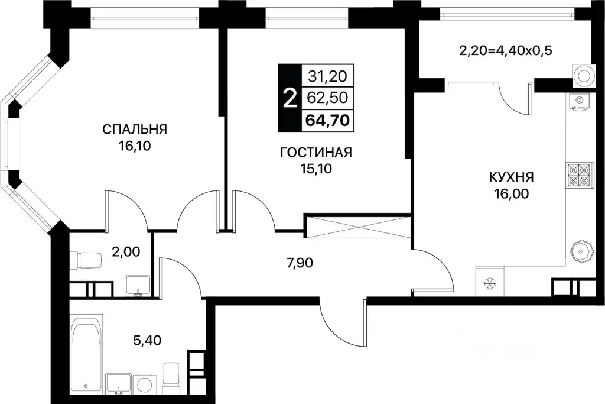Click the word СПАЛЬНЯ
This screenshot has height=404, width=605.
click(x=135, y=129)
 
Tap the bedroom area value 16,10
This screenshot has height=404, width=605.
click(x=135, y=146)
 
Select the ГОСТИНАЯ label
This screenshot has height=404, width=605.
click(x=316, y=153)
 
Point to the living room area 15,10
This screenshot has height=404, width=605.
click(x=316, y=169)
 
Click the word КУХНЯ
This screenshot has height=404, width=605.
click(x=512, y=177)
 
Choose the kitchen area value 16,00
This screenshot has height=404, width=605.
click(x=512, y=194)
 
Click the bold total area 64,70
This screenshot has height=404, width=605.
click(x=328, y=120)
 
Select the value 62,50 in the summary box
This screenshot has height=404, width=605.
click(x=328, y=98)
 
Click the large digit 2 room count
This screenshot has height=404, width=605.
click(x=290, y=98)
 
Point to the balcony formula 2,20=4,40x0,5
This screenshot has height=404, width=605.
click(x=506, y=51)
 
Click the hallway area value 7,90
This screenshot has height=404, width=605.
click(x=300, y=263)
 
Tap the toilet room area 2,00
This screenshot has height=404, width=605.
click(x=126, y=252)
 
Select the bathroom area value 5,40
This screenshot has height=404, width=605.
click(x=147, y=341)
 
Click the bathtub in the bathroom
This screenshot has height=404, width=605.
click(x=87, y=353)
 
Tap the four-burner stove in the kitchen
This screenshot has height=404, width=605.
click(x=579, y=175)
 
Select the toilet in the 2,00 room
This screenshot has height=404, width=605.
click(x=86, y=260)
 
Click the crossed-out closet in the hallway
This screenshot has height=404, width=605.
click(x=357, y=228)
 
